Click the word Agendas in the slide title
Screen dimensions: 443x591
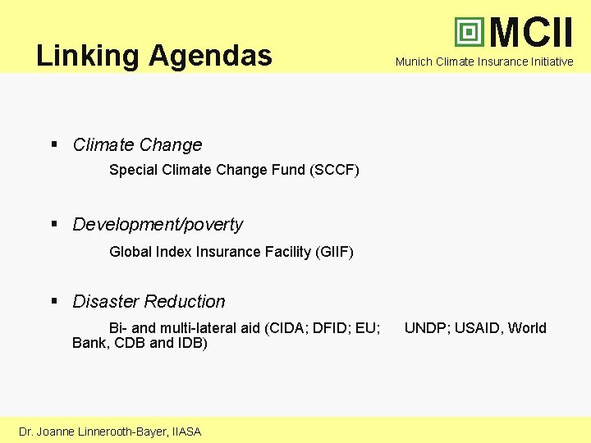[210, 56]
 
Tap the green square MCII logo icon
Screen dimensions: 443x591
[470, 32]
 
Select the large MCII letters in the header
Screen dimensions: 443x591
[531, 32]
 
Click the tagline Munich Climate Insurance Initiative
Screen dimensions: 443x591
[484, 62]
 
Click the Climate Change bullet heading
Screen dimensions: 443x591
[137, 145]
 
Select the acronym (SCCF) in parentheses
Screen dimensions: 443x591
[335, 170]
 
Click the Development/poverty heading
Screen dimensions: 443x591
[158, 224]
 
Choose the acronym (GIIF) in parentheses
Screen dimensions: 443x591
[333, 252]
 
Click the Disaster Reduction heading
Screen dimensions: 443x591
[149, 301]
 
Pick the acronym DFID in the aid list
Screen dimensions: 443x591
[332, 328]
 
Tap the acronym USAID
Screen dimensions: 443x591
[477, 328]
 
